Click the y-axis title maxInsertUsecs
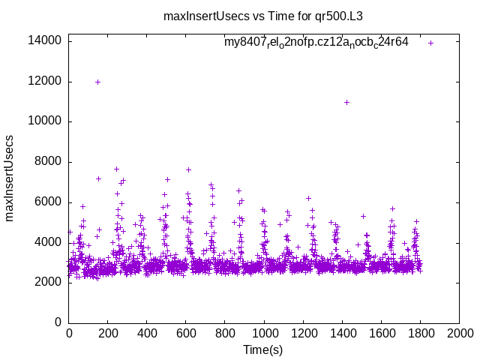coord(10,178)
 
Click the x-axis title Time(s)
coord(262,349)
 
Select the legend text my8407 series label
coord(316,43)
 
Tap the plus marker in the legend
coord(430,43)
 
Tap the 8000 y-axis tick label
coord(49,162)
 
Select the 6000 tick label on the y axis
coord(49,202)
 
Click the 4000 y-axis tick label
coord(49,242)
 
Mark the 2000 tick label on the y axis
coord(49,283)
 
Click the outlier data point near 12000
coord(97,82)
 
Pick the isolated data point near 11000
coord(346,102)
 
